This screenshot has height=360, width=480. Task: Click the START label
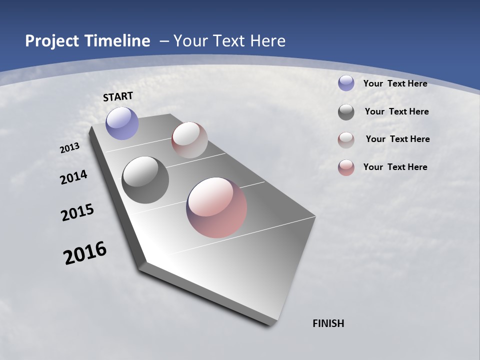pos(118,96)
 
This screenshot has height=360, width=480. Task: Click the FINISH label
pos(328,323)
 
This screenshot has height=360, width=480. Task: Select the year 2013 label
pos(70,148)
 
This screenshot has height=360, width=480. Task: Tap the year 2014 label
pos(74,177)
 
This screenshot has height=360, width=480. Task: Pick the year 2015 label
pos(77,212)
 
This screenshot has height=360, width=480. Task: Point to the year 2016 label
pos(85,252)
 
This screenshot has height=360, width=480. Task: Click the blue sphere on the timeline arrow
pos(122,123)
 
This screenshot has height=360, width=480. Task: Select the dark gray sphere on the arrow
pos(145,180)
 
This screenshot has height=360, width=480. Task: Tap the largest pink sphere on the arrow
pos(216,207)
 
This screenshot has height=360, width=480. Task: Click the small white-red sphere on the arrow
pos(189,140)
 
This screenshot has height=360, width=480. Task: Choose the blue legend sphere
pos(346,83)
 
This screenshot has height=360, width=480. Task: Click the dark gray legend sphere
pos(346,112)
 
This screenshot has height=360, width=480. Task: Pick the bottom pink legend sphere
pos(346,167)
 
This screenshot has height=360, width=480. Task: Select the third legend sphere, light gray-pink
pos(346,139)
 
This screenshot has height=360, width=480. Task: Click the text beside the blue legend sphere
pos(395,83)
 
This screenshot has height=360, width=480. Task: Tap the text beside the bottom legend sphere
pos(395,167)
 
